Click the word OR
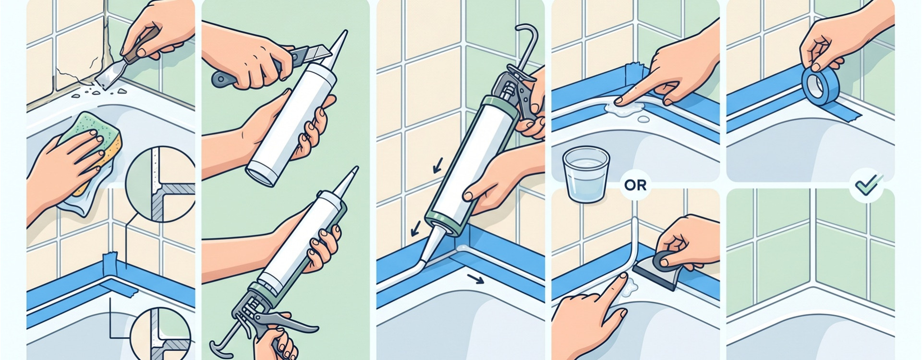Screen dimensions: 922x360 pyautogui.click(x=636, y=185)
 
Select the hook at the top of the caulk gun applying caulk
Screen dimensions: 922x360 pyautogui.click(x=529, y=41)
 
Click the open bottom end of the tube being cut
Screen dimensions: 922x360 pyautogui.click(x=262, y=175)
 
